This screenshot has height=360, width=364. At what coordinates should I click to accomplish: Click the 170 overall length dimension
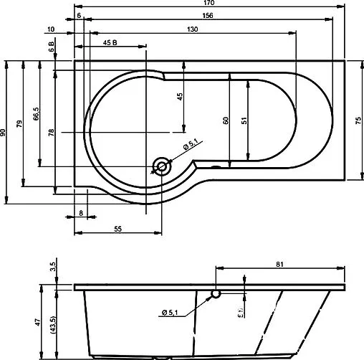[207, 4]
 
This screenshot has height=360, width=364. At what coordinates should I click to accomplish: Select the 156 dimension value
[207, 15]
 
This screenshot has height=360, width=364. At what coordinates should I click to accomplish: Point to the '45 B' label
[110, 44]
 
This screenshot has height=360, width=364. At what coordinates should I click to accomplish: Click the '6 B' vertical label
[51, 49]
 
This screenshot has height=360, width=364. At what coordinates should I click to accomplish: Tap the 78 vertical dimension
[51, 132]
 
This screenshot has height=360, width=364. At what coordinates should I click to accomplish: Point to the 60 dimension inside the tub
[225, 121]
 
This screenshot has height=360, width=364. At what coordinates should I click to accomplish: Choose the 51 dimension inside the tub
[244, 121]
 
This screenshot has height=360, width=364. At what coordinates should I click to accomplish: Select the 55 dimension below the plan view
[118, 228]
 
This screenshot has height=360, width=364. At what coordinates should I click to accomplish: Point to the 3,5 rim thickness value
[52, 267]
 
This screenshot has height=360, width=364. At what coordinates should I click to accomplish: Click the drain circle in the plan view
[161, 167]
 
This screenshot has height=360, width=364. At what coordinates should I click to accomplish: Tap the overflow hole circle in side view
[216, 293]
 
